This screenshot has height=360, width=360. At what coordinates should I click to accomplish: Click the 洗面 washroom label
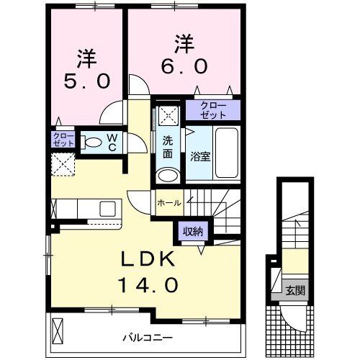166,147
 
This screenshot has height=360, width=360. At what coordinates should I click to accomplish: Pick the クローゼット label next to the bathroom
212,110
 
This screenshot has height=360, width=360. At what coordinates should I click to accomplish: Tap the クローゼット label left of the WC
62,140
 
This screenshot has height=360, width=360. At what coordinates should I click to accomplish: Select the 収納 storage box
191,232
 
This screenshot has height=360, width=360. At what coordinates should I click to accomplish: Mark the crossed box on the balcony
60,332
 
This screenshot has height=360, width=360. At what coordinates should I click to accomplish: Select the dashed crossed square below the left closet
63,164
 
